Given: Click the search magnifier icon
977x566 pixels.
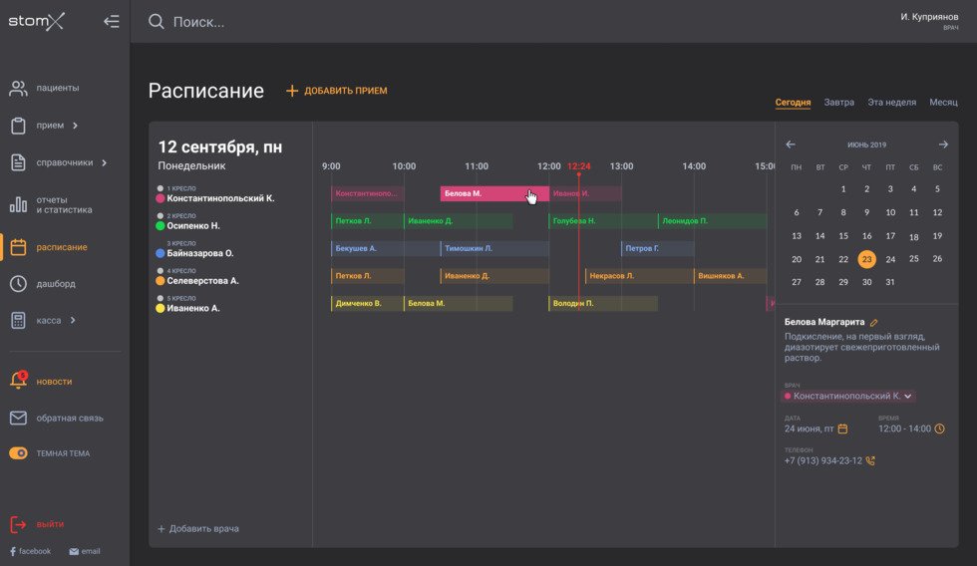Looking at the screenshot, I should [x=157, y=22].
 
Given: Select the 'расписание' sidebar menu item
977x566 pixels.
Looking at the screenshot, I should [x=61, y=247].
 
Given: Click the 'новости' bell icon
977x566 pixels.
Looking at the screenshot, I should [x=18, y=381].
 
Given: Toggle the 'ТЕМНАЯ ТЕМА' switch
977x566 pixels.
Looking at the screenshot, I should [x=18, y=453].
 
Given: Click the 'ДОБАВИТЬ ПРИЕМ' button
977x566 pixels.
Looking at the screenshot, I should [x=337, y=91].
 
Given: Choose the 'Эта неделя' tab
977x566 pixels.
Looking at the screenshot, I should [x=891, y=103].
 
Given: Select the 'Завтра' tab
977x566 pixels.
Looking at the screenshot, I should [x=838, y=103].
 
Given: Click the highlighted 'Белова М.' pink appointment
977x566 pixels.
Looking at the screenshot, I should [x=493, y=193].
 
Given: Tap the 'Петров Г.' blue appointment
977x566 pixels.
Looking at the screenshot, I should [x=656, y=248].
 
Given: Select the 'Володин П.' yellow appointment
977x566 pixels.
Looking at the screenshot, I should [x=602, y=303].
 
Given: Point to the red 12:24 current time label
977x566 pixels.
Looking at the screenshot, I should [x=578, y=166].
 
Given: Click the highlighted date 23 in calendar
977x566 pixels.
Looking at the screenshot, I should [x=866, y=259].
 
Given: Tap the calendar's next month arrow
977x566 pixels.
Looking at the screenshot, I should [x=943, y=144].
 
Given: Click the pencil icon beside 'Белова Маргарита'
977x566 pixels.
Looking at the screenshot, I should [x=874, y=323].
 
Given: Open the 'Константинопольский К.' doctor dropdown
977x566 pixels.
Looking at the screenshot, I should [x=849, y=396].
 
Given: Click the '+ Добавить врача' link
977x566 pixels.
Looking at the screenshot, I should [x=198, y=528].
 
